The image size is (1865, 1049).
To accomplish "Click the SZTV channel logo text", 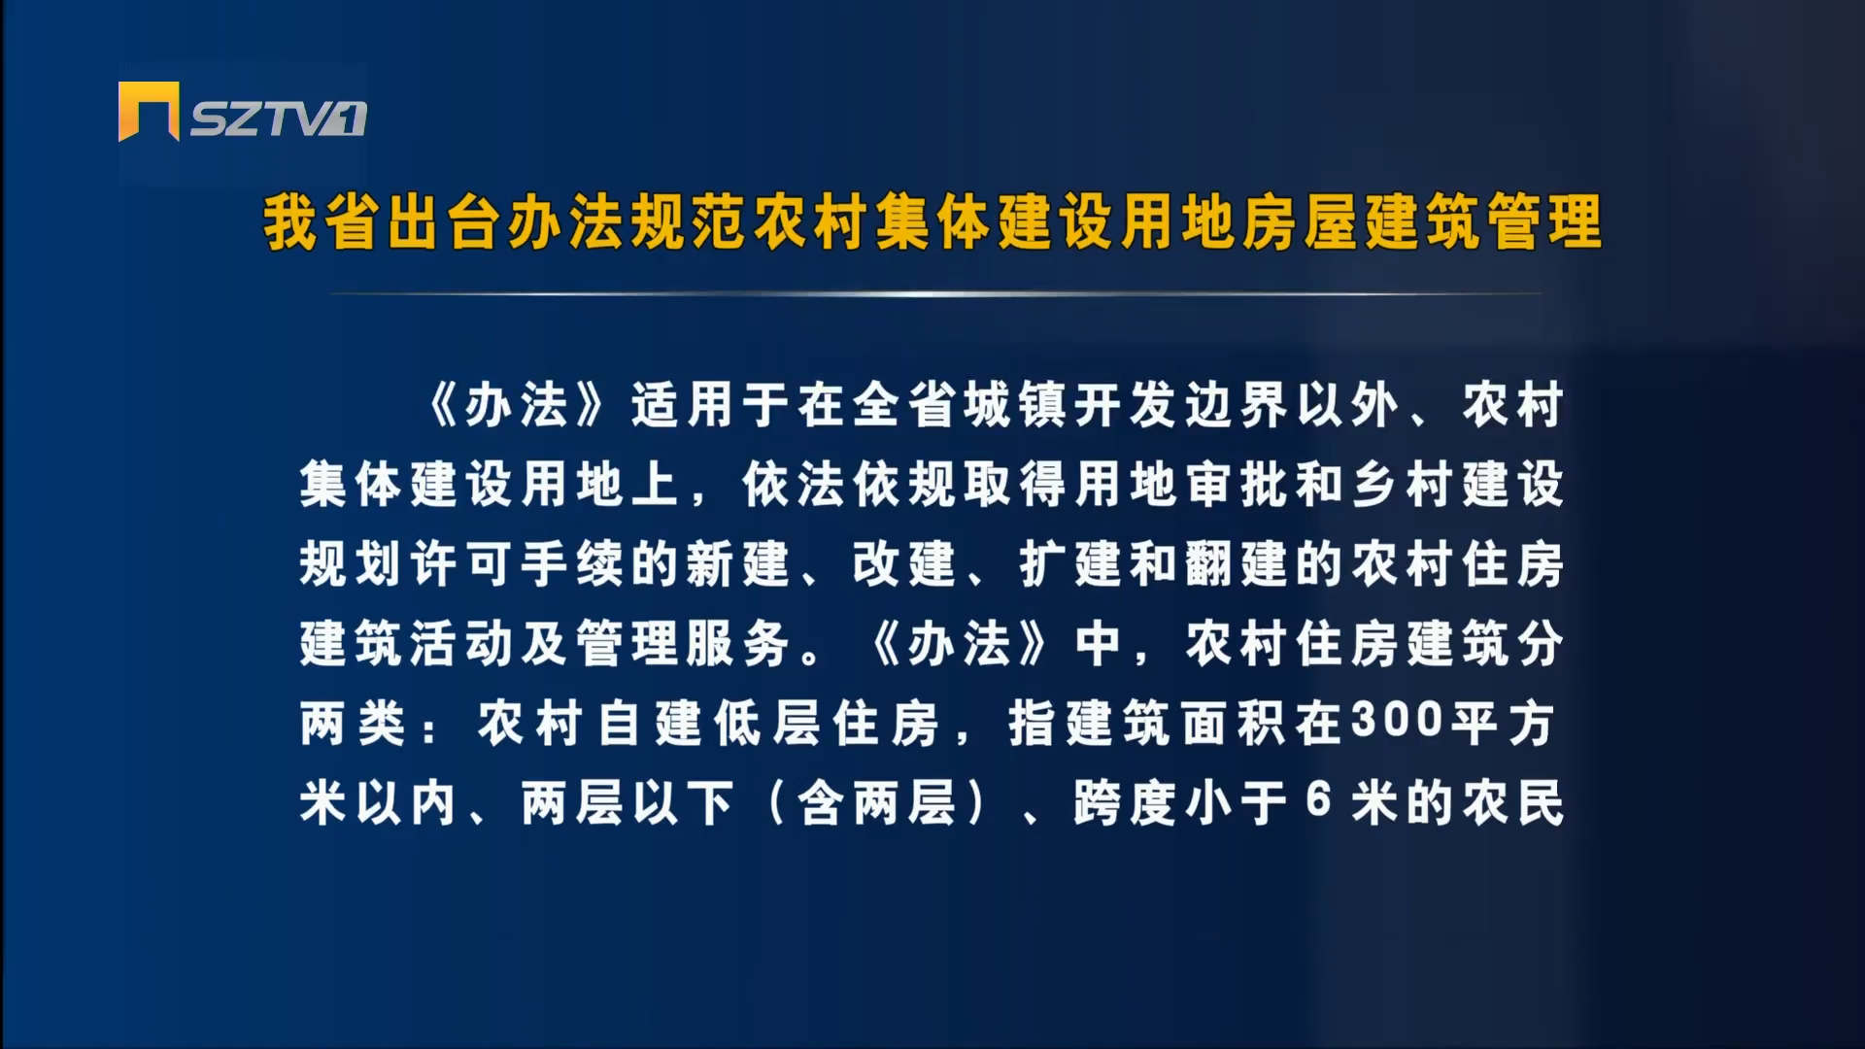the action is click(278, 118).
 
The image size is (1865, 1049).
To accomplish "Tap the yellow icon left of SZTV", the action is click(149, 112).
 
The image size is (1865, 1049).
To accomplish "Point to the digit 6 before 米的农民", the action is click(1318, 800).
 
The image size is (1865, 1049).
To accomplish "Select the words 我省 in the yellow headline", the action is click(322, 222).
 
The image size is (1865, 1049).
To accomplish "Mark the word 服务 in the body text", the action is click(740, 643).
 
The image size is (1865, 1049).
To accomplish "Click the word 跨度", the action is click(1128, 802).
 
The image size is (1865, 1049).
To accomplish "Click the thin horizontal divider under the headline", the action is click(935, 292).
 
